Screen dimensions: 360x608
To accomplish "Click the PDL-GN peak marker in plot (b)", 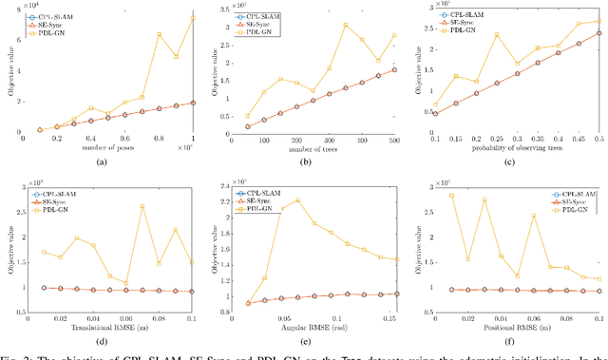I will (x=345, y=51).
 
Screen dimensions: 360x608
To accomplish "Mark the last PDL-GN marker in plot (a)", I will (x=193, y=17).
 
